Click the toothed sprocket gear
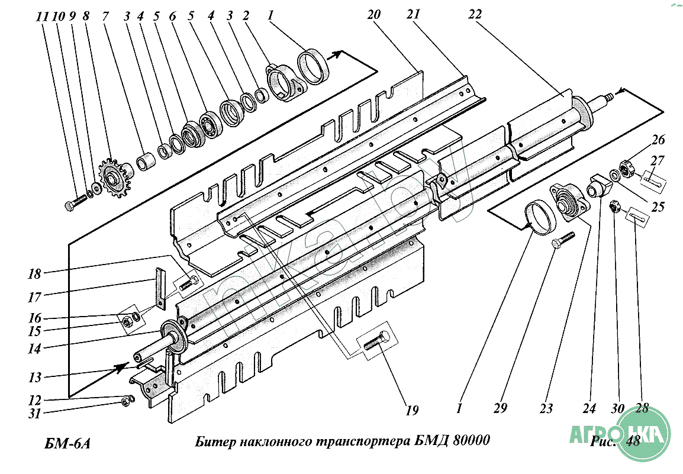coord(113,177)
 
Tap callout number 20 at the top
coord(373,15)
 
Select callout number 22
coord(475,15)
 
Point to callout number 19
coord(411,410)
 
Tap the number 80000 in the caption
coord(471,440)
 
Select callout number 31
coord(34,413)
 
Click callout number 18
coord(34,274)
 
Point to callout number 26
coord(658,140)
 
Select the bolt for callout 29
coord(563,240)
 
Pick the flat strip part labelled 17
coord(160,288)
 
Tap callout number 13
coord(34,378)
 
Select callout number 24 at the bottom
coord(589,409)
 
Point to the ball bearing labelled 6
coord(211,121)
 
